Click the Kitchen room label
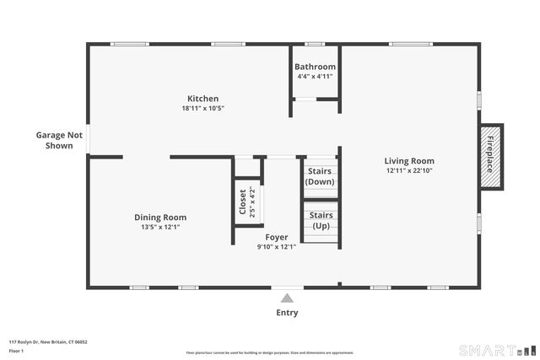tap(202, 99)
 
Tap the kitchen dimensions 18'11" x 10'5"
tap(202, 108)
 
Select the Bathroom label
tap(315, 67)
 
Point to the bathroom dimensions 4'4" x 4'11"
tap(315, 76)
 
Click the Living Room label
tap(409, 161)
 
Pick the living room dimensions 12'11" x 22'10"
tap(409, 170)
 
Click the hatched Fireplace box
tap(490, 157)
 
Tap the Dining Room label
tap(160, 217)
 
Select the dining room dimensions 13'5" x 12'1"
tap(160, 226)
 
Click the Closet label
tap(244, 202)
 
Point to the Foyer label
tap(276, 238)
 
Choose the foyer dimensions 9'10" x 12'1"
tap(276, 247)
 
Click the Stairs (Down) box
tap(320, 176)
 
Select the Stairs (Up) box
tap(320, 221)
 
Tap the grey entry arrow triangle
tap(287, 298)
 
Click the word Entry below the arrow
tap(287, 313)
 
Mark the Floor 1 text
tap(17, 350)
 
